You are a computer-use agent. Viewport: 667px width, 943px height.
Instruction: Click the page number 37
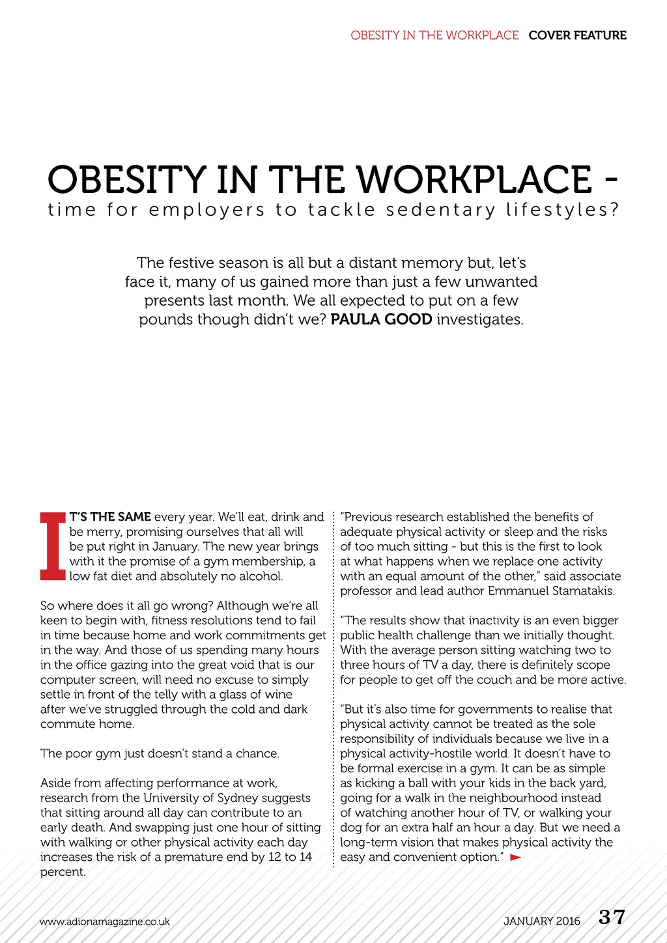click(x=612, y=918)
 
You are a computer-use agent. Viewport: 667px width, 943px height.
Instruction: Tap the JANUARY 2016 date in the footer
click(x=541, y=921)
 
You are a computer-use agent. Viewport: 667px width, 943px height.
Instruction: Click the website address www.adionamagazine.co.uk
click(x=104, y=921)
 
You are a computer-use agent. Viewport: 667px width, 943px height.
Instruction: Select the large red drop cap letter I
click(x=52, y=546)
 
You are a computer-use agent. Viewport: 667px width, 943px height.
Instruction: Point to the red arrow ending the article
click(x=515, y=857)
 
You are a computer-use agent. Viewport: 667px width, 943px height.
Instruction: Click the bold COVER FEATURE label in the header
click(x=577, y=35)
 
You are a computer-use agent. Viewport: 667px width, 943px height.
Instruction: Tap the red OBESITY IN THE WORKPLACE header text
click(x=434, y=35)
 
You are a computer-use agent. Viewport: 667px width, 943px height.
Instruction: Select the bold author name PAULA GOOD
click(x=381, y=319)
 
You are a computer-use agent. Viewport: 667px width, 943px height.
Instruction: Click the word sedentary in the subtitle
click(x=441, y=210)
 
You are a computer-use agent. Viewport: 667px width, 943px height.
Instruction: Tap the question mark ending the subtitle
click(x=614, y=210)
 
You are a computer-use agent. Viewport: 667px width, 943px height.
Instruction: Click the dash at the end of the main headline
click(x=610, y=181)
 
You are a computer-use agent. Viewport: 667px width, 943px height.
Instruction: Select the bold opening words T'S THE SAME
click(x=110, y=517)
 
